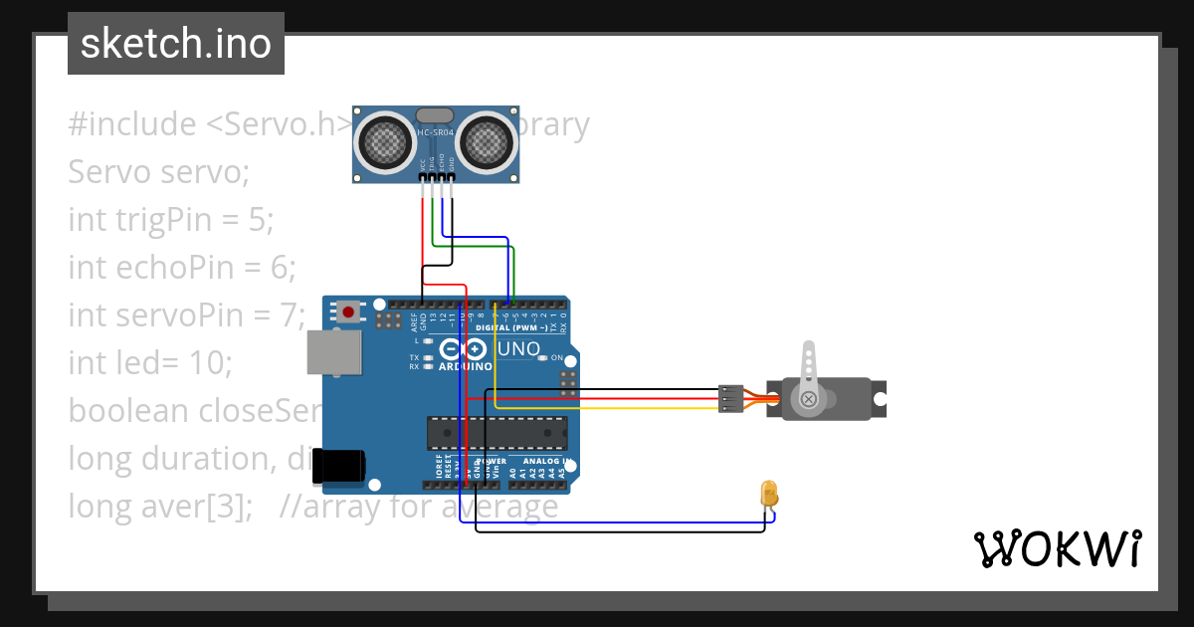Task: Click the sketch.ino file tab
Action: [176, 44]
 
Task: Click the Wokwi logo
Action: [1057, 548]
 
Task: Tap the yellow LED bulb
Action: [768, 493]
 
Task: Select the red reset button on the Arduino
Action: [348, 312]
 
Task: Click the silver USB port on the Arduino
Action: [333, 352]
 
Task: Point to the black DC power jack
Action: [339, 463]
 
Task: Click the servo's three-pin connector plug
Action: [729, 398]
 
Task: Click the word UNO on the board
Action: [518, 349]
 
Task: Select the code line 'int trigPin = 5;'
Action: [170, 219]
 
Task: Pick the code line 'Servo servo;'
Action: [159, 172]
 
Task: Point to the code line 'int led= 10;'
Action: [149, 362]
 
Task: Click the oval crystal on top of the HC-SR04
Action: [434, 115]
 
